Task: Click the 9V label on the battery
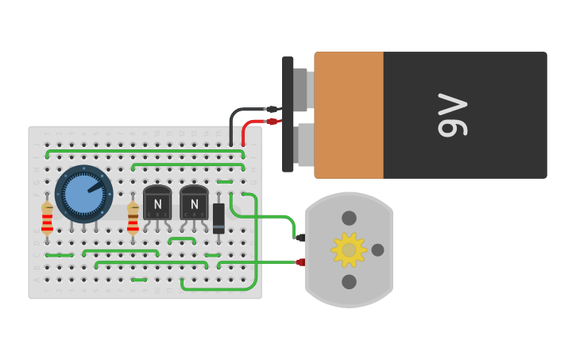[452, 115]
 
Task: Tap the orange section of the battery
[349, 115]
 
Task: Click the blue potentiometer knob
[83, 194]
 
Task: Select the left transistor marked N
[157, 203]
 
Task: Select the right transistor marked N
[194, 203]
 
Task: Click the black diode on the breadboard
[218, 218]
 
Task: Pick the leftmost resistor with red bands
[47, 217]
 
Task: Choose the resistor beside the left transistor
[133, 217]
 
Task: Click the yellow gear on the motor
[349, 250]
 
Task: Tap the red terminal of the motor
[300, 261]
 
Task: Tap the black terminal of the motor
[300, 238]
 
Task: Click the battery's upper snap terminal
[301, 90]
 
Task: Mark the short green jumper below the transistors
[182, 238]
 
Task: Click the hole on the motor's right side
[377, 250]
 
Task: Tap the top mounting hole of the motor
[349, 218]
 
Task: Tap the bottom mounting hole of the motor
[349, 281]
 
